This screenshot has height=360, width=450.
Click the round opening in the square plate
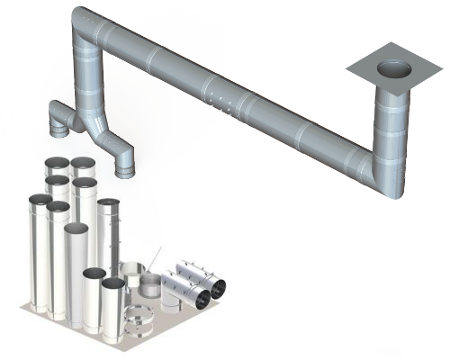tap(394, 68)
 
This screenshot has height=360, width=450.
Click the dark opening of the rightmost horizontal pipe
tap(218, 287)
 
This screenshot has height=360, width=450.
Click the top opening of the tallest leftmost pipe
tap(40, 201)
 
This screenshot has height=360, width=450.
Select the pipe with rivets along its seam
tap(109, 234)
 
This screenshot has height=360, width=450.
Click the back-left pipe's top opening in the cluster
tap(56, 165)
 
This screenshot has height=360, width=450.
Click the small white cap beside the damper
tap(167, 301)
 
